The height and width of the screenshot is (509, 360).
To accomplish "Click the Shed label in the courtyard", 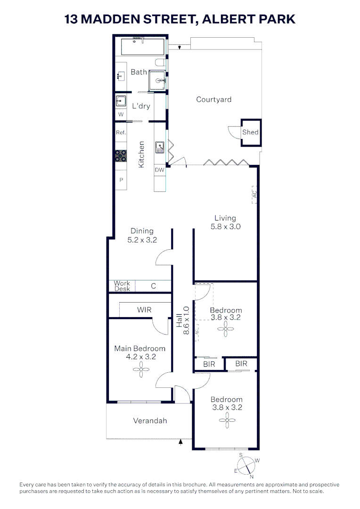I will (250, 132).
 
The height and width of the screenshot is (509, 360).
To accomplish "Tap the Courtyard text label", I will (213, 99).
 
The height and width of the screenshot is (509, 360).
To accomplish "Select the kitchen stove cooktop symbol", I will (121, 156).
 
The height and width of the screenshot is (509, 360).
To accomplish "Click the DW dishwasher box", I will (160, 170).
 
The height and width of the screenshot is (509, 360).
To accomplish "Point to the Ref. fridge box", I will (121, 133).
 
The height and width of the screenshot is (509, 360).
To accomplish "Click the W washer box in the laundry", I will (121, 115).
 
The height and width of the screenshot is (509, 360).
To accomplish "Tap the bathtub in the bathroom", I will (142, 47).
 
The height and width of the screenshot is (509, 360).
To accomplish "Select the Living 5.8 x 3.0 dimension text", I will (225, 222).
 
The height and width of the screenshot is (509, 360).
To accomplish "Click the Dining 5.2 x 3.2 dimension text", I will (142, 235).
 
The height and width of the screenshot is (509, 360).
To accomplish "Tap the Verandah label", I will (150, 421).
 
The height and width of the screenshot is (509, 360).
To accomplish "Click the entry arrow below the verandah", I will (180, 442).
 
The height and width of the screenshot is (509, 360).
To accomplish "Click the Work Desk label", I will (122, 286).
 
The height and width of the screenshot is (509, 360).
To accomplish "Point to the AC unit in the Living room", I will (254, 194).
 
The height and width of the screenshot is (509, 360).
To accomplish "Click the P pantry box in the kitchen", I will (121, 180).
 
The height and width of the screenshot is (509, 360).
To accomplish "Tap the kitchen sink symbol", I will (159, 148).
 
